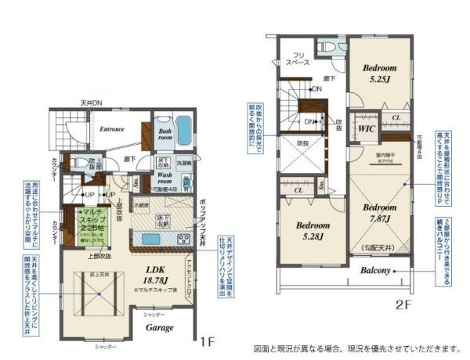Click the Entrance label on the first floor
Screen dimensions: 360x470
click(x=113, y=128)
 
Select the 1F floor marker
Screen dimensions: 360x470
click(x=206, y=341)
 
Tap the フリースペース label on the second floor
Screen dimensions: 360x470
click(x=298, y=59)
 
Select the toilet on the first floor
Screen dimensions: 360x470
click(x=80, y=164)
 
